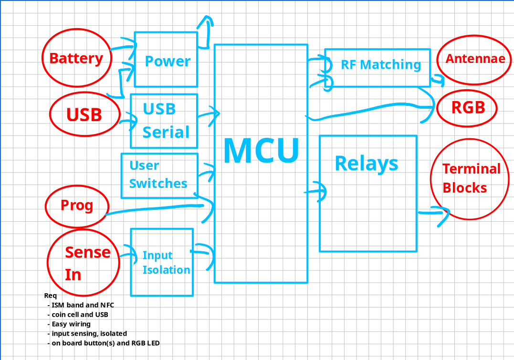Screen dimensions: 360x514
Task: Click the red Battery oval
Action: pos(76,59)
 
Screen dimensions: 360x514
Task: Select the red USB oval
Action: pos(84,114)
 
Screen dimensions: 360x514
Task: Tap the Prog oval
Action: pos(77,206)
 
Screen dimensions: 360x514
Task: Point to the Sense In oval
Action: pos(83,263)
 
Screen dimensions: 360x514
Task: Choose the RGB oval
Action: pos(468,108)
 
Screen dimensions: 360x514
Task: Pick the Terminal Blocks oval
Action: pos(470,178)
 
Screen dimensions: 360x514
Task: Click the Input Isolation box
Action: pos(162,262)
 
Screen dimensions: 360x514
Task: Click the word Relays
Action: pos(367,164)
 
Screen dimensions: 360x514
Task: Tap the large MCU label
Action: pos(261,151)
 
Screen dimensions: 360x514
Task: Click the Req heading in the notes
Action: pos(50,296)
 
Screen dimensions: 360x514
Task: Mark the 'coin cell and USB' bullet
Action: pos(80,315)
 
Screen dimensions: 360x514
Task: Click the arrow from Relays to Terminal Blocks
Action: pos(432,213)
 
